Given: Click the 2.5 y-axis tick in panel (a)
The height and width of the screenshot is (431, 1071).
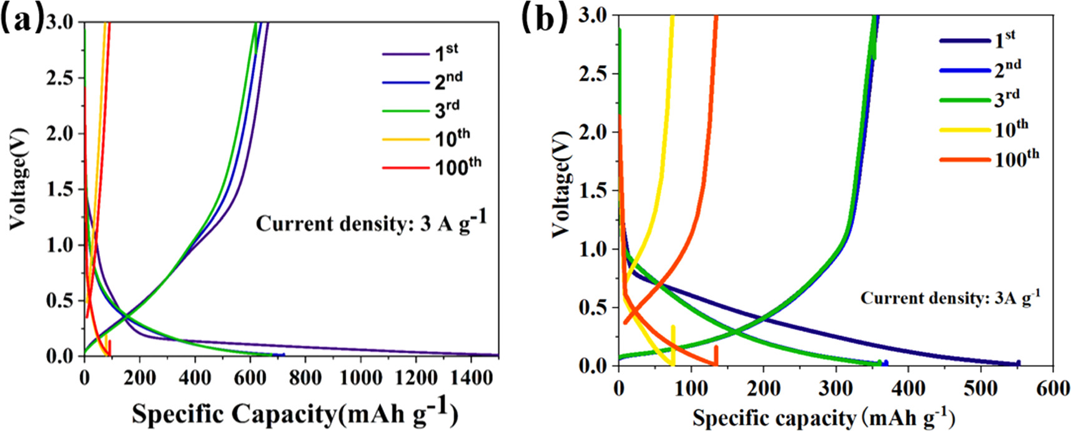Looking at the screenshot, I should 61,78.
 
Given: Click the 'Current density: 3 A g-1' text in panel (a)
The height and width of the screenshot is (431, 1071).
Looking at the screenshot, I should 371,223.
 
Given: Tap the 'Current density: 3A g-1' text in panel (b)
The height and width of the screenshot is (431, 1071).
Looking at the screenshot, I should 950,298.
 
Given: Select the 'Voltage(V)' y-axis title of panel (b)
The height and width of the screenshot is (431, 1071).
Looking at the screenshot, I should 562,184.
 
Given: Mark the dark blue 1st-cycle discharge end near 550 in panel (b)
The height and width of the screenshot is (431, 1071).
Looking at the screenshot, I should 1017,364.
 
